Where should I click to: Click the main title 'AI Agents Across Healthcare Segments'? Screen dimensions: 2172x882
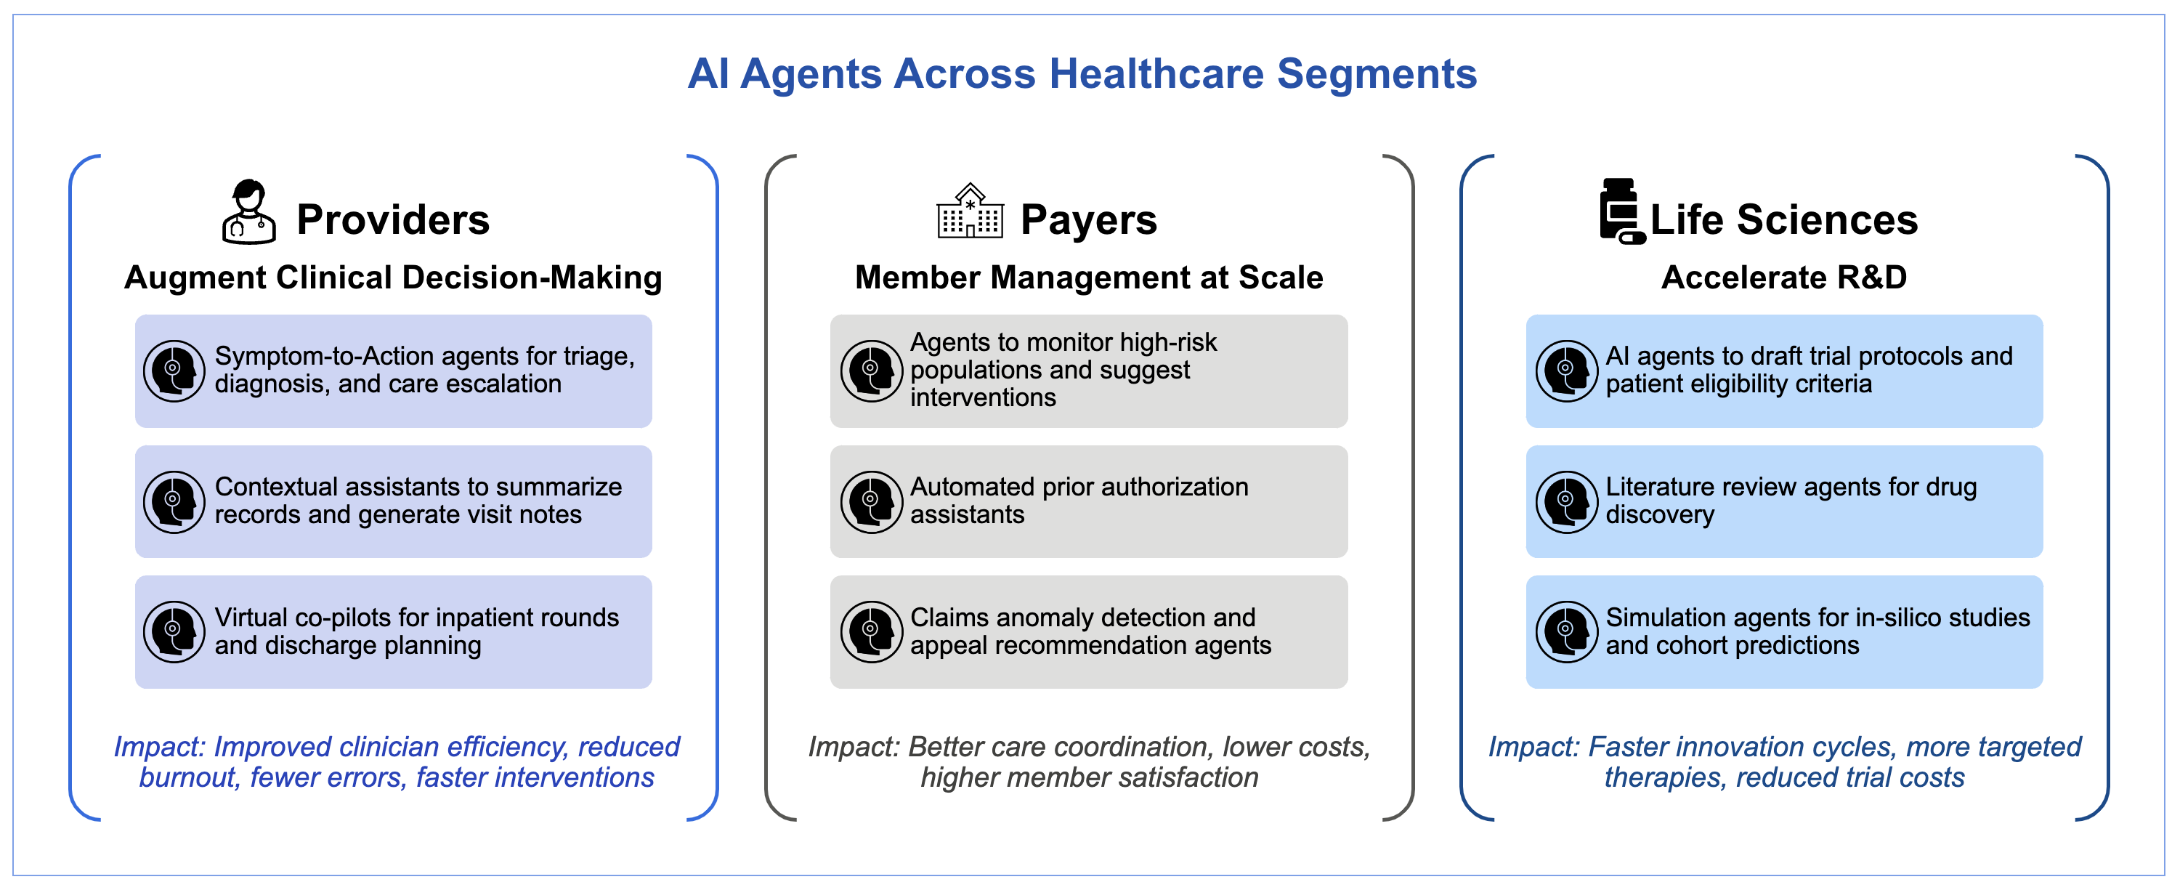(x=1082, y=74)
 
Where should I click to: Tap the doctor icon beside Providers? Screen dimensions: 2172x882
(x=248, y=211)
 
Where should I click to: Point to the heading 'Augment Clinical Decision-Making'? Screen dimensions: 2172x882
(x=393, y=278)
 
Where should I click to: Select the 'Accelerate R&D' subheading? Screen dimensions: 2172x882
(x=1784, y=278)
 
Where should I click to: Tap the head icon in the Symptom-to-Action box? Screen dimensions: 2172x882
(x=174, y=371)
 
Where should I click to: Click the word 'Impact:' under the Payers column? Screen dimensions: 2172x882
(x=854, y=747)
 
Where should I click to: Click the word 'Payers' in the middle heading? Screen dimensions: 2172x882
(x=1088, y=219)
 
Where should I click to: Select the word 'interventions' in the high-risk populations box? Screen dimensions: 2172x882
(x=983, y=397)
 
